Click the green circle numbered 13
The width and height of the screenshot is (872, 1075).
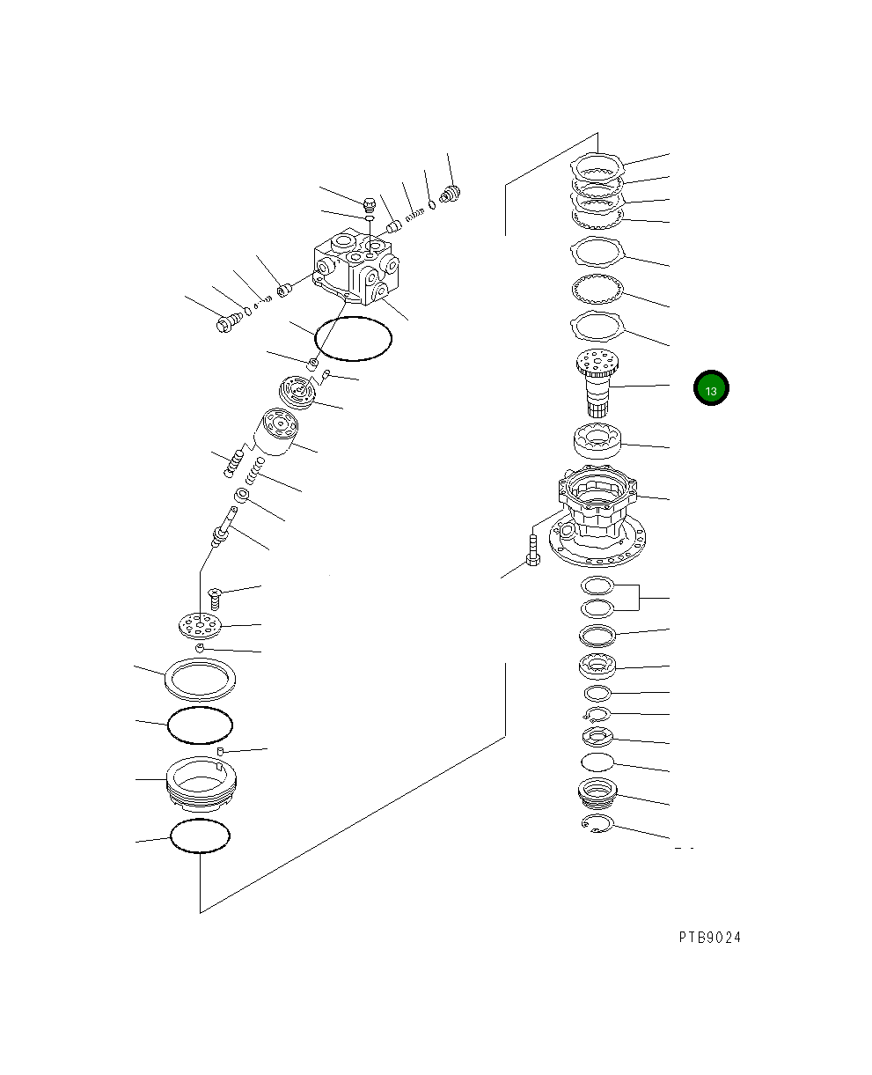click(x=711, y=387)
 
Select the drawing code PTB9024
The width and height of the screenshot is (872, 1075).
click(x=709, y=938)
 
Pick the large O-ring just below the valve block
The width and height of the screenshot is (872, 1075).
click(x=353, y=339)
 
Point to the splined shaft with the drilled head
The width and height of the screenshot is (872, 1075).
click(x=597, y=383)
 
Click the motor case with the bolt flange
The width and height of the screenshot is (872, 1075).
click(x=597, y=515)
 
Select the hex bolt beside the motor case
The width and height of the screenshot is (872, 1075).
click(x=533, y=550)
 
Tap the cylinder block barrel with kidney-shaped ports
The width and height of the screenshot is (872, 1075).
click(x=275, y=432)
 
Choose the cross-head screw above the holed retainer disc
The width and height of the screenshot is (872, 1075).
click(x=215, y=599)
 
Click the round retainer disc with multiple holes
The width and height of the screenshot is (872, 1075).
click(x=201, y=626)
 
